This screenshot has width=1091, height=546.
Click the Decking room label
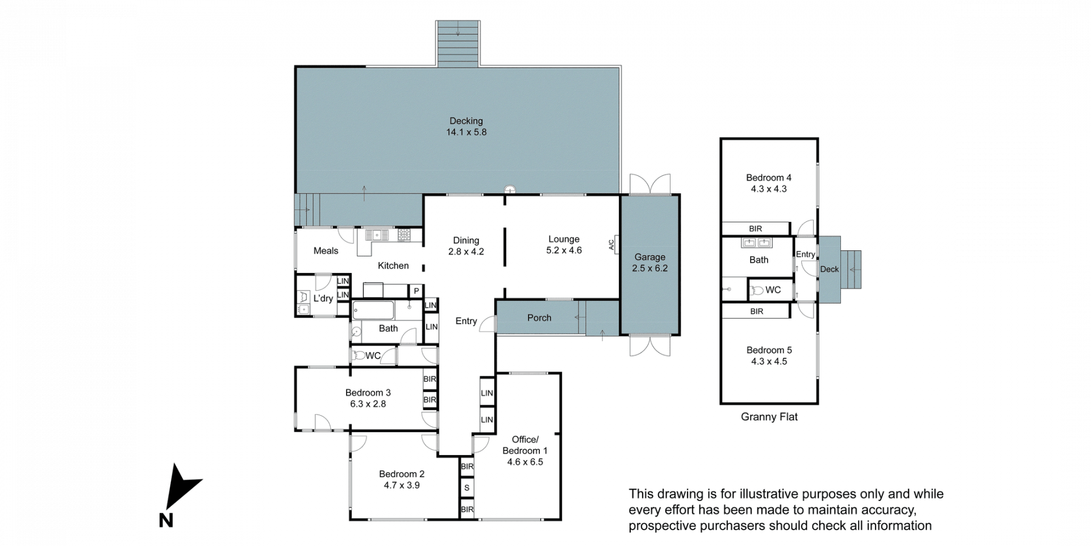tap(466, 121)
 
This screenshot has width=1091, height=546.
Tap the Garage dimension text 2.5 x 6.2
tap(649, 268)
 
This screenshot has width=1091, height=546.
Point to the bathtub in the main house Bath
tap(373, 311)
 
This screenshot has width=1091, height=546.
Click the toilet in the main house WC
tap(358, 356)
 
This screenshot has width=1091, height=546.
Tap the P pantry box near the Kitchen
tap(416, 291)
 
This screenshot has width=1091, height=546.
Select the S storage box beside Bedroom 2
tap(467, 488)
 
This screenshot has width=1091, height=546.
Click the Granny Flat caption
tap(769, 417)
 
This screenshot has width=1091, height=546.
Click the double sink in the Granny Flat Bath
tap(757, 243)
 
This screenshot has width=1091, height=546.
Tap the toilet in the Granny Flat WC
tap(756, 291)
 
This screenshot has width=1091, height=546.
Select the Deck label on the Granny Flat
tap(829, 270)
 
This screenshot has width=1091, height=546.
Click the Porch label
tap(539, 318)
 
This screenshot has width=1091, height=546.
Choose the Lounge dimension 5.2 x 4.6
tap(564, 250)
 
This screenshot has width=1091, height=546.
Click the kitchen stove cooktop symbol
tap(404, 234)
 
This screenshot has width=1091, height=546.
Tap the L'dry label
tap(323, 299)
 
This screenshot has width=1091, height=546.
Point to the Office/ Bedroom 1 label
tap(525, 445)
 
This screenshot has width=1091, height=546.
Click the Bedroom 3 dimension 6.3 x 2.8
tap(368, 404)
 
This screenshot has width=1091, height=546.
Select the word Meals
tap(326, 251)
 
